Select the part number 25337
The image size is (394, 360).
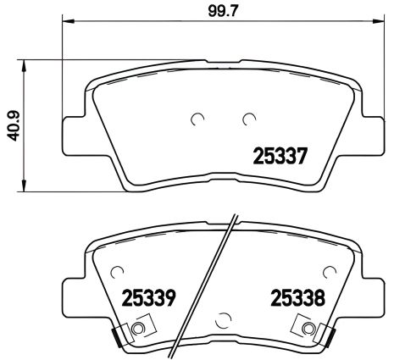[278, 157]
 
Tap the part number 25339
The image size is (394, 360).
[149, 299]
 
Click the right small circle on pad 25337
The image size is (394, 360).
[249, 119]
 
